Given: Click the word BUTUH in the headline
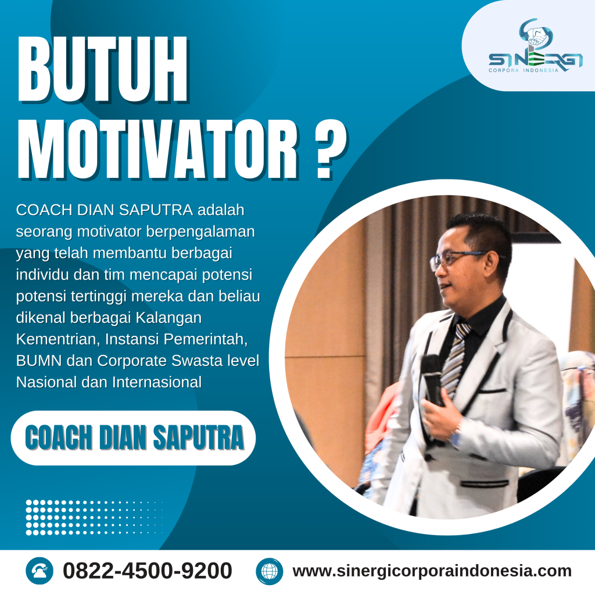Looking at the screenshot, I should (x=103, y=71).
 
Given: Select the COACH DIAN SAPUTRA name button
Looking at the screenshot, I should (x=134, y=438).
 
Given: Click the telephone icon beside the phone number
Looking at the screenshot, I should (x=40, y=571).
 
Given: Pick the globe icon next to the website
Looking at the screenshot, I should (x=269, y=571).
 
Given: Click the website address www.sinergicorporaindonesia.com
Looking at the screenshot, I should (x=432, y=571).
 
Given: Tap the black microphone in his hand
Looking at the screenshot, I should (x=432, y=378).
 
